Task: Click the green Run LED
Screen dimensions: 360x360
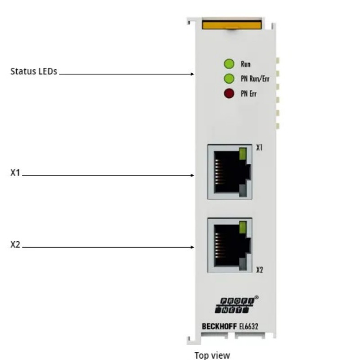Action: pyautogui.click(x=229, y=63)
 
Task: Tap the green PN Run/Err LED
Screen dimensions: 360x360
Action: pyautogui.click(x=229, y=78)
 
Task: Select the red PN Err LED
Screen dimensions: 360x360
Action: pyautogui.click(x=229, y=94)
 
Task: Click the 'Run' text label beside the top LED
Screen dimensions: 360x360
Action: pyautogui.click(x=245, y=64)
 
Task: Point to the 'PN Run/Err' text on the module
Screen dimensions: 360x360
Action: pyautogui.click(x=255, y=79)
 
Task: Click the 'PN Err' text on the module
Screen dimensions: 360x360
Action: pyautogui.click(x=248, y=94)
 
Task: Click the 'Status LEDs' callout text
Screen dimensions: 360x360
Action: pyautogui.click(x=34, y=72)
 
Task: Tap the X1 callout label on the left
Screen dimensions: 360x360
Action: pyautogui.click(x=15, y=173)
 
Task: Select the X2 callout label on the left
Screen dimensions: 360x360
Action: pyautogui.click(x=15, y=245)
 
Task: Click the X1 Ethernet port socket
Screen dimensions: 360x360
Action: pyautogui.click(x=230, y=172)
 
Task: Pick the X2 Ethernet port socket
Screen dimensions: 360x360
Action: pyautogui.click(x=230, y=245)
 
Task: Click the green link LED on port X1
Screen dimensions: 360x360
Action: pyautogui.click(x=243, y=153)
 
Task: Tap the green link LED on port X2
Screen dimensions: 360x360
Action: pyautogui.click(x=243, y=227)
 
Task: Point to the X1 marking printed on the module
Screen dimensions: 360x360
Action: pyautogui.click(x=259, y=148)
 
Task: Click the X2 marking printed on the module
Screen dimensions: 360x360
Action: pyautogui.click(x=260, y=270)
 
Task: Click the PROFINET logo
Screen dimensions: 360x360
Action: pyautogui.click(x=236, y=305)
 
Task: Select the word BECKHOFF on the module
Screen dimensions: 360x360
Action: pyautogui.click(x=219, y=326)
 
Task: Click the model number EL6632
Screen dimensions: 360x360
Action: pyautogui.click(x=249, y=326)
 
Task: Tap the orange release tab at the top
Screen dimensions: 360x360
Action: pyautogui.click(x=232, y=25)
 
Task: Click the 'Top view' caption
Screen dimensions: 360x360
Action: pyautogui.click(x=212, y=355)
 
